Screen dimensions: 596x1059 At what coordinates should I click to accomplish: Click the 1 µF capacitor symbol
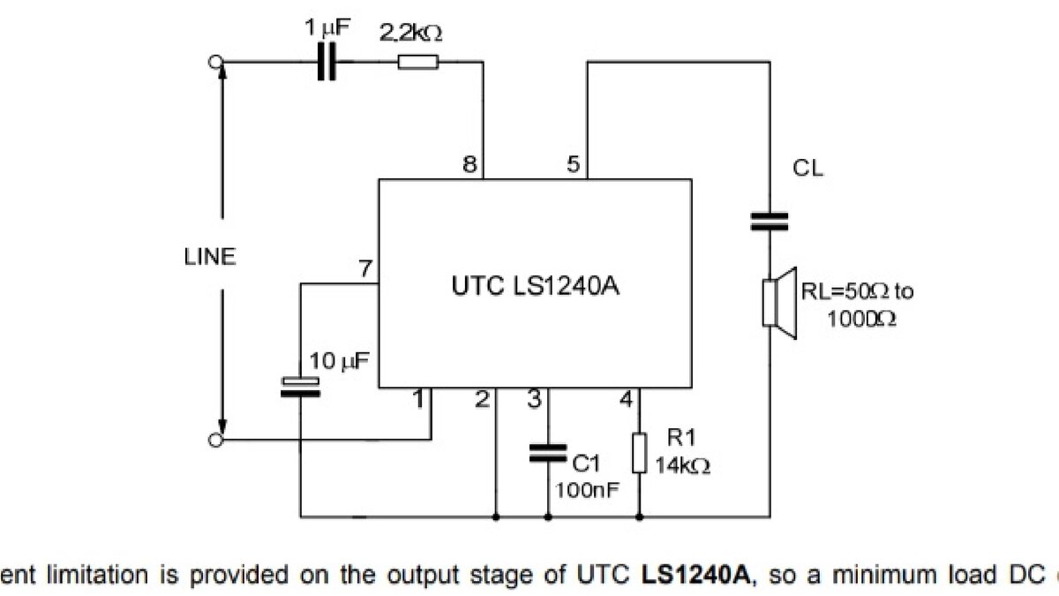point(327,62)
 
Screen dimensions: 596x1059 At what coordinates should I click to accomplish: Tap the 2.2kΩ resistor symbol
point(417,62)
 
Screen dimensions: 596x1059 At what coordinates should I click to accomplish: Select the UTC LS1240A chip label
point(534,286)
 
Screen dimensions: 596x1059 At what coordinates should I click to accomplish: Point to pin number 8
point(469,165)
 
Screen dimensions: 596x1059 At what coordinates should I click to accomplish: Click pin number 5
point(574,165)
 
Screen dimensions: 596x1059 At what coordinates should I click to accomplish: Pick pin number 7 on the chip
point(365,268)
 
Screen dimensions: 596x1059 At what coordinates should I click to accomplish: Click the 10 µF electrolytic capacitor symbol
point(300,386)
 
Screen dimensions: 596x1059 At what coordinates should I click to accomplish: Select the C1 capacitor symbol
point(547,453)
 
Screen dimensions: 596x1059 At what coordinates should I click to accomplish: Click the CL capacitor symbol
point(769,221)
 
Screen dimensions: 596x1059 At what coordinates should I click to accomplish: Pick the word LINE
point(210,257)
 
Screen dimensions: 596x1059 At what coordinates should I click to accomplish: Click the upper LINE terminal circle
point(213,62)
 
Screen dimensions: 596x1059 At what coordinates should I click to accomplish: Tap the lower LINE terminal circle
point(213,439)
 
